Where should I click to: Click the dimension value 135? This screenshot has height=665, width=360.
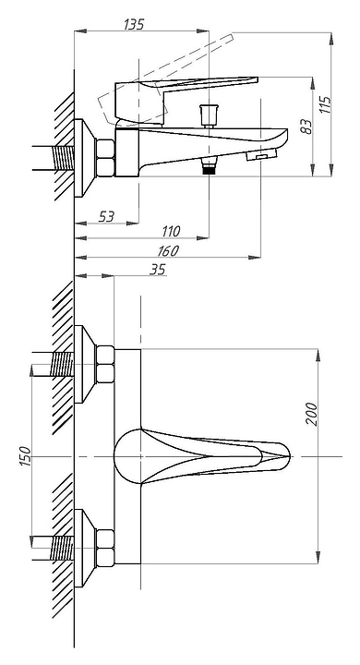tap(134, 24)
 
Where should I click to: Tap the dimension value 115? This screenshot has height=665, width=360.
tap(325, 104)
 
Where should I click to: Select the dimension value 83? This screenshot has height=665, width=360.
tap(306, 127)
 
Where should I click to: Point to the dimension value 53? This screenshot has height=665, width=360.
tap(106, 217)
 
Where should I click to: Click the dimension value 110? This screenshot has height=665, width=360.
tap(171, 232)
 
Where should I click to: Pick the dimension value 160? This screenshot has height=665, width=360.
tap(167, 250)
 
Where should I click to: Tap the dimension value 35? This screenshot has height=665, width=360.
tap(157, 270)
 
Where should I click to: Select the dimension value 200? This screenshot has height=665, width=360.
tap(312, 415)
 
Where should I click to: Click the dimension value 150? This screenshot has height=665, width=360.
tap(26, 456)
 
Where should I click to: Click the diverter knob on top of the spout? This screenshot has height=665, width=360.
tap(209, 115)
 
